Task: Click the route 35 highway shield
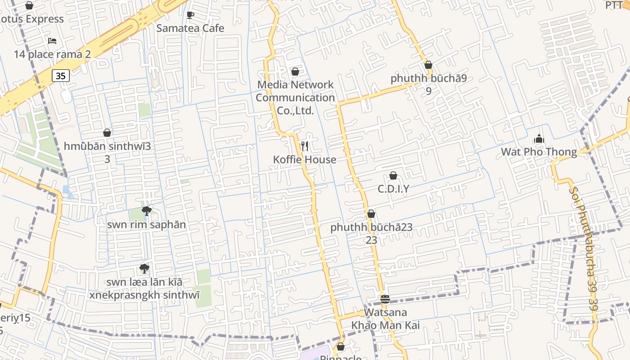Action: tap(61, 76)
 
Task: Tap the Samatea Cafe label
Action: tap(190, 28)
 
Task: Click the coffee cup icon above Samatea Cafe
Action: tap(190, 15)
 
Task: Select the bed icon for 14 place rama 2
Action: tap(52, 41)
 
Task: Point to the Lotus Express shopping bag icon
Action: tap(29, 5)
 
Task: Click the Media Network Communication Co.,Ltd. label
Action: tap(295, 98)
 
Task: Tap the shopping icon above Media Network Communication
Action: tap(295, 72)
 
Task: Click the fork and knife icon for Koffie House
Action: tap(305, 146)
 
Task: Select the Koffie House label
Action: tap(305, 160)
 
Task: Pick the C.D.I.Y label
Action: tap(393, 189)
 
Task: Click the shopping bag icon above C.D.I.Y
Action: tap(393, 175)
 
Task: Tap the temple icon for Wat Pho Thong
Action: tap(539, 139)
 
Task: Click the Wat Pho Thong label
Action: tap(539, 152)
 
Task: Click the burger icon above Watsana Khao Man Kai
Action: tap(385, 299)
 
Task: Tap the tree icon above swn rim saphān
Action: tap(146, 211)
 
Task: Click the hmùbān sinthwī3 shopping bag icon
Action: tap(107, 133)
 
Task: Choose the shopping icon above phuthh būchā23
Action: tap(371, 214)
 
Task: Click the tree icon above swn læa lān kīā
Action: tap(144, 269)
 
